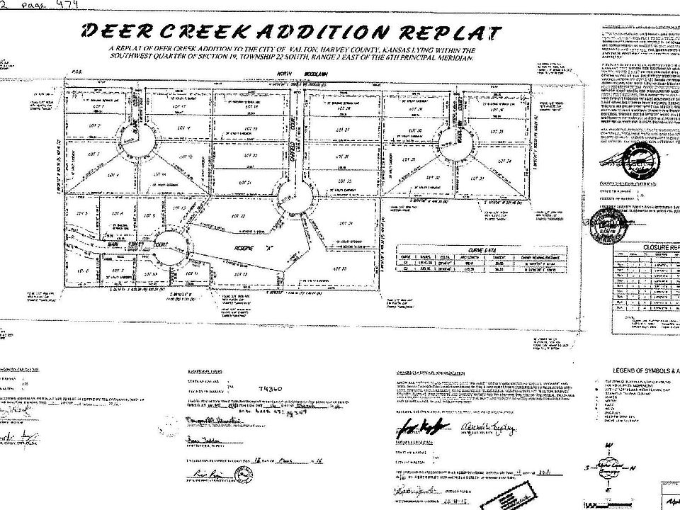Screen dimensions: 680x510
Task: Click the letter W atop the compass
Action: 608,446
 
